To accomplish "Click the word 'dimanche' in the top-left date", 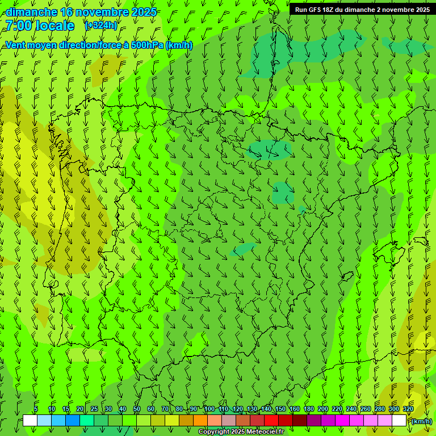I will point(31,12).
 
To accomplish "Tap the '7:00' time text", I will point(19,26).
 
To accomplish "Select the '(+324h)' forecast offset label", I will point(101,25).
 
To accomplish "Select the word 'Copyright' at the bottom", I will point(215,432).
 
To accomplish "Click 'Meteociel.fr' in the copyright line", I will point(265,432).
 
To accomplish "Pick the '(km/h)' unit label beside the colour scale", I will point(421,421).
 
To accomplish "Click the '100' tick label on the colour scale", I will point(209,409).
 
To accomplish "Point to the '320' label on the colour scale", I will point(408,409).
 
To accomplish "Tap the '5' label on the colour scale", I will point(36,409).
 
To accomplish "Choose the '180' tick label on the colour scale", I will point(309,409).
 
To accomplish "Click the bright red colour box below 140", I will point(271,421).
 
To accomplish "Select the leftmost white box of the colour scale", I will point(30,421).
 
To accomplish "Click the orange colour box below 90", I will point(200,421).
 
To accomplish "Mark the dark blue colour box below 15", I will point(73,421).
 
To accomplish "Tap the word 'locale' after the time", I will point(54,26).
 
